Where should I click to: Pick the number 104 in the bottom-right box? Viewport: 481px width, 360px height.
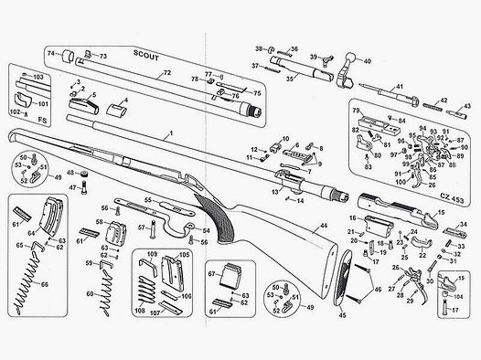tap(457, 299)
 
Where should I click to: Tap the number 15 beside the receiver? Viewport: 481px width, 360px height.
tap(440, 212)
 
